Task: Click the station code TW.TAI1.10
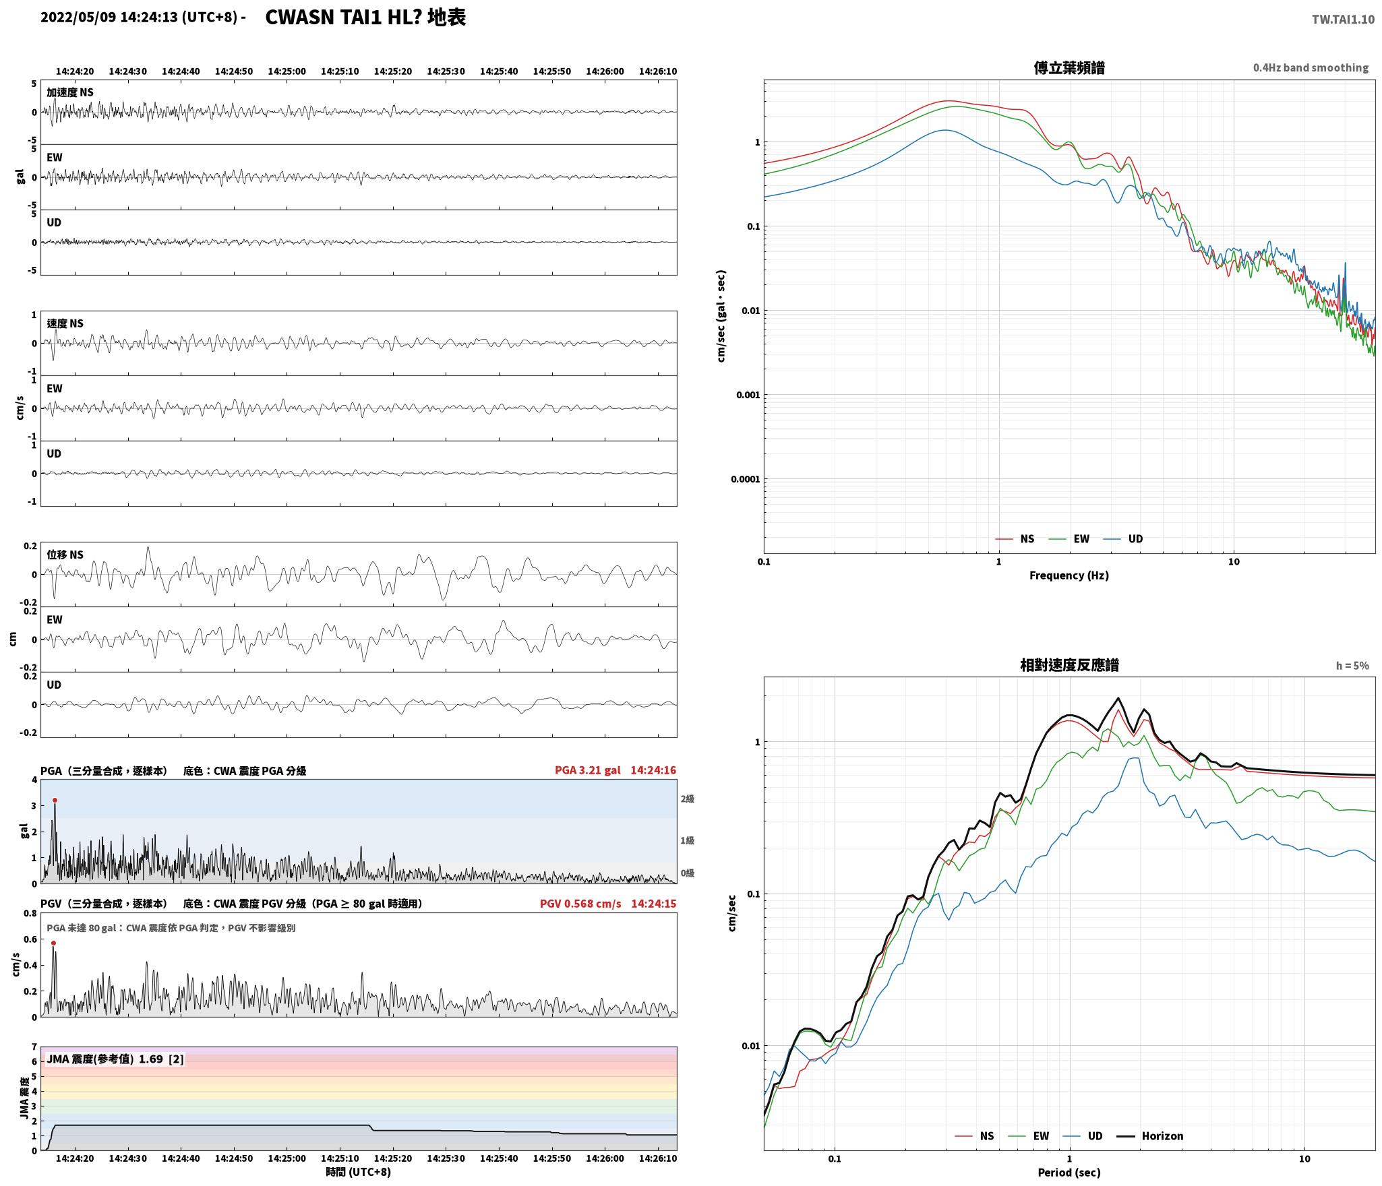click(1342, 20)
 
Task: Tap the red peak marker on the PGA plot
click(55, 800)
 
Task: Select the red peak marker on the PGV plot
click(53, 943)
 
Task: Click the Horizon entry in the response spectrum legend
click(1150, 1135)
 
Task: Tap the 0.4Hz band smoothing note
click(1311, 67)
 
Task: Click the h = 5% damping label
click(1352, 665)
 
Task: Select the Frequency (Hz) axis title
click(1069, 575)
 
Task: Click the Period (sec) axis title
click(1069, 1172)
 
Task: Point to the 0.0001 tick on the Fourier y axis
click(745, 479)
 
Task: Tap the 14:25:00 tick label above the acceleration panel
click(287, 71)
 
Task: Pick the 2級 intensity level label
click(687, 799)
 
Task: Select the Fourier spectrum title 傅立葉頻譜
click(1069, 67)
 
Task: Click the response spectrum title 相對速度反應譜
click(1069, 665)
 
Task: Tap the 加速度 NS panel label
click(70, 92)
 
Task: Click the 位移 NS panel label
click(65, 555)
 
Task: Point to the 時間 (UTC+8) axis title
click(358, 1171)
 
